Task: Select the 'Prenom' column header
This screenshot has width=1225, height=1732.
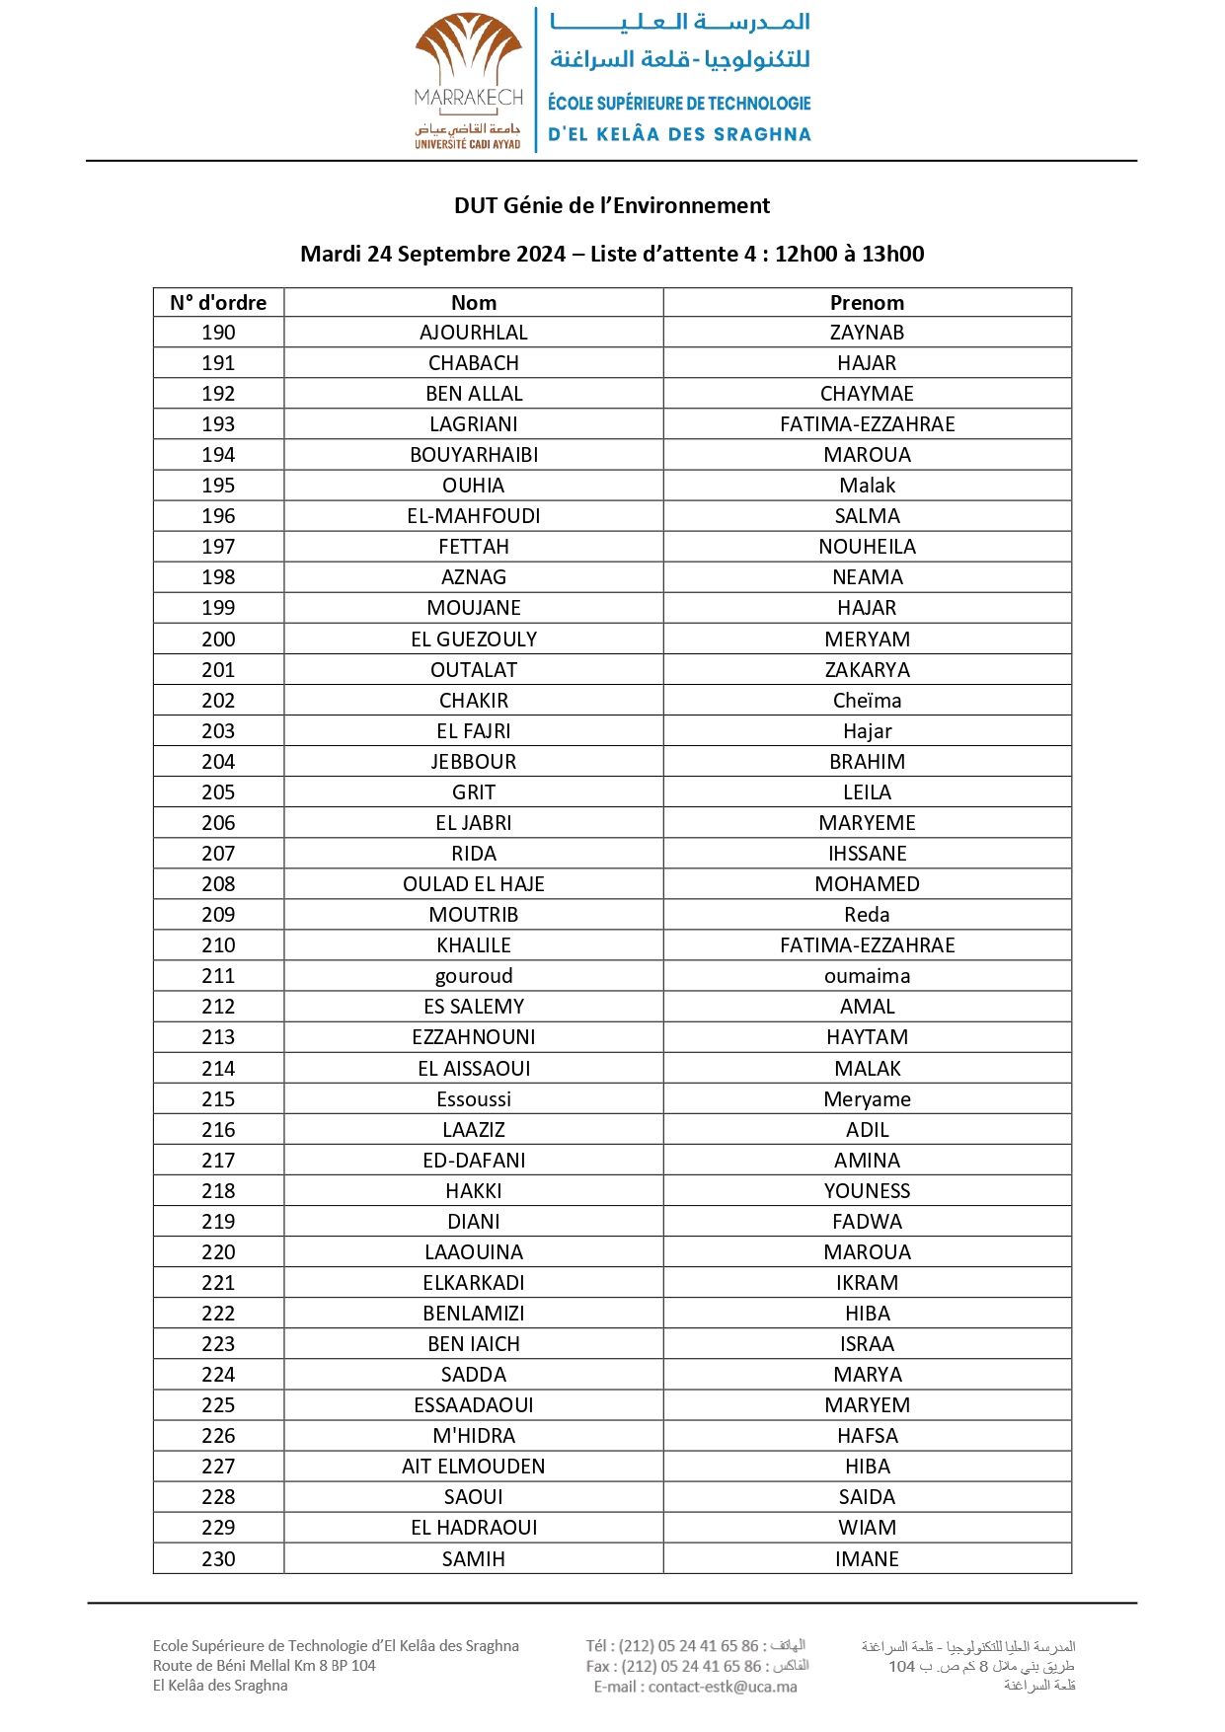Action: pyautogui.click(x=867, y=303)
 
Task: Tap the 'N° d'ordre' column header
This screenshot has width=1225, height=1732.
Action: pyautogui.click(x=218, y=303)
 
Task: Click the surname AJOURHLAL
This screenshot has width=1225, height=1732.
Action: pyautogui.click(x=474, y=333)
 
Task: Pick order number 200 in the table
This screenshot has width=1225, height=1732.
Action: pyautogui.click(x=218, y=640)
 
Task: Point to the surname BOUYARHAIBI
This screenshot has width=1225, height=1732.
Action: pyautogui.click(x=474, y=455)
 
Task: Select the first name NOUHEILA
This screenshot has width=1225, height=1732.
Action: pyautogui.click(x=867, y=547)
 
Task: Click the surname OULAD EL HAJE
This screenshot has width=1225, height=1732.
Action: pyautogui.click(x=474, y=884)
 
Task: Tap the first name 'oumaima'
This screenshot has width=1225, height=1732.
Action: pyautogui.click(x=867, y=976)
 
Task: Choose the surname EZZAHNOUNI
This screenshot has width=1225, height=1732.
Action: pyautogui.click(x=474, y=1037)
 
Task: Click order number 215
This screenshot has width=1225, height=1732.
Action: pyautogui.click(x=218, y=1099)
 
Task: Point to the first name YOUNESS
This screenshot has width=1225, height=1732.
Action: pyautogui.click(x=867, y=1191)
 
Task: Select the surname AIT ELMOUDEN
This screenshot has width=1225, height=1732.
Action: pyautogui.click(x=474, y=1467)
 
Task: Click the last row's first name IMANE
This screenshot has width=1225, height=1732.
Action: pyautogui.click(x=867, y=1559)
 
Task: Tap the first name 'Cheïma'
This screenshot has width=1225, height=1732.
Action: pyautogui.click(x=867, y=701)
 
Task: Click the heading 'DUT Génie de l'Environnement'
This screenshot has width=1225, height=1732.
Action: pyautogui.click(x=612, y=205)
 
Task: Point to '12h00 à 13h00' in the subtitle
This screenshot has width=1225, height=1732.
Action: pyautogui.click(x=849, y=254)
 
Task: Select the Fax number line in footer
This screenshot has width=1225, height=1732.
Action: pyautogui.click(x=697, y=1666)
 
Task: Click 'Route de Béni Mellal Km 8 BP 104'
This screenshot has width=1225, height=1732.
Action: pyautogui.click(x=265, y=1666)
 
